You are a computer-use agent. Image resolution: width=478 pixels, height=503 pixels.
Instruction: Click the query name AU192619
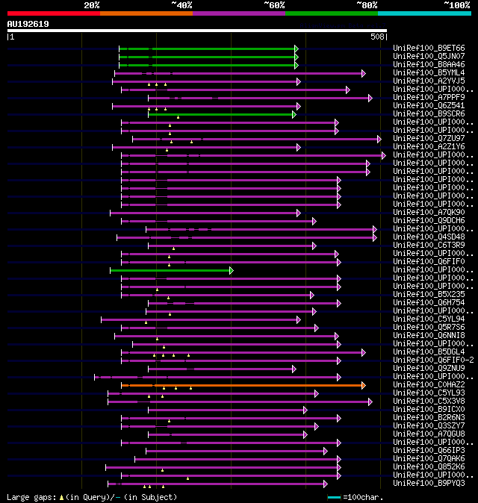coord(28,24)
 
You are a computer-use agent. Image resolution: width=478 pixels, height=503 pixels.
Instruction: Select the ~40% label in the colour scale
coord(181,5)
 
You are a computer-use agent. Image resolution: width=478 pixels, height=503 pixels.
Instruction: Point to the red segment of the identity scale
coord(53,13)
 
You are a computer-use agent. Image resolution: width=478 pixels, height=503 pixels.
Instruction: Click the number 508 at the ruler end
coord(377,36)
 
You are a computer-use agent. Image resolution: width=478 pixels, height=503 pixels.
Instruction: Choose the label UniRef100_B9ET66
coord(428,49)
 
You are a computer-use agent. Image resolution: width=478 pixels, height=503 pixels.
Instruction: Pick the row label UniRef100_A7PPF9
coord(428,98)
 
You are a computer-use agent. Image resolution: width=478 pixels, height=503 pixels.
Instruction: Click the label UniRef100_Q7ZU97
coord(428,139)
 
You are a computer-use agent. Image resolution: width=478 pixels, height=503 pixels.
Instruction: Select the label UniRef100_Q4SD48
coord(428,237)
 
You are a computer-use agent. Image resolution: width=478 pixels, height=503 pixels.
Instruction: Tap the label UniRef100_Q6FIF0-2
coord(432,360)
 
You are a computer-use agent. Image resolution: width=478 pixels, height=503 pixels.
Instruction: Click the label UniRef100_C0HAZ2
coord(428,385)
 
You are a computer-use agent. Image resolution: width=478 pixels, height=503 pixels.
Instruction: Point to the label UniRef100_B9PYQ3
coord(428,484)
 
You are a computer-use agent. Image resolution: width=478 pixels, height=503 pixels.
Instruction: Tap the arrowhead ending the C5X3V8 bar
coord(370,402)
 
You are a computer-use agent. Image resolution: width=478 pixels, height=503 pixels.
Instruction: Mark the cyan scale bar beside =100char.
coord(334,497)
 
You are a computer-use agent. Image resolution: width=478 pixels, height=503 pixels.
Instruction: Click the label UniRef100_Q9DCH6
coord(428,221)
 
